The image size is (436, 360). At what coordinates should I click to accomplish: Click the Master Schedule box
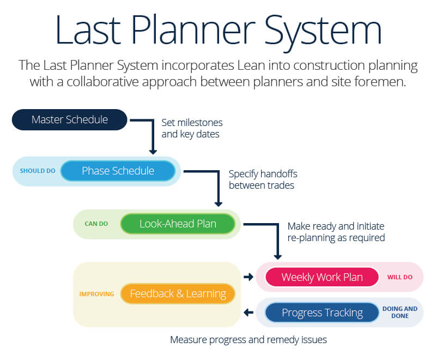point(69,119)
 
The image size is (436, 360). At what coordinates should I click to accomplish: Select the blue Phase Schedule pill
point(118,171)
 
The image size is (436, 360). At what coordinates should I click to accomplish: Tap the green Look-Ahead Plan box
point(178,224)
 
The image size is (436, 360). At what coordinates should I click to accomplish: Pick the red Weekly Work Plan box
point(322,277)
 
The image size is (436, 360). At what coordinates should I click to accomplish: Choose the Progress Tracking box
point(322,313)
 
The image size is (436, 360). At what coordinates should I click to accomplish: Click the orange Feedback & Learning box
point(178,293)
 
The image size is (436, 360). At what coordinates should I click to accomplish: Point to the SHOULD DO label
point(38,171)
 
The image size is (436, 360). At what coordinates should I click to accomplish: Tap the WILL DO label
point(399,277)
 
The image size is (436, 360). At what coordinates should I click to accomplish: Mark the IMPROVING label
point(96,293)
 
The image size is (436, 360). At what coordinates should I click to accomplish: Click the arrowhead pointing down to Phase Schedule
point(153,150)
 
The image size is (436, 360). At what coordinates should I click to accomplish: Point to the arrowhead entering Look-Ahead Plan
point(218,203)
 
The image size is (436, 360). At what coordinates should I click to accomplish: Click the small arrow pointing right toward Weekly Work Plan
point(249,277)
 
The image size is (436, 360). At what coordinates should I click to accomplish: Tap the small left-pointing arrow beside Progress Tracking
point(249,313)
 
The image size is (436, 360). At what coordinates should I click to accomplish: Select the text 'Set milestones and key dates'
point(192,128)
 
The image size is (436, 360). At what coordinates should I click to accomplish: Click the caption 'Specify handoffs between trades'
point(263,180)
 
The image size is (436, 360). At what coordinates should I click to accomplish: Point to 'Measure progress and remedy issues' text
point(248,340)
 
